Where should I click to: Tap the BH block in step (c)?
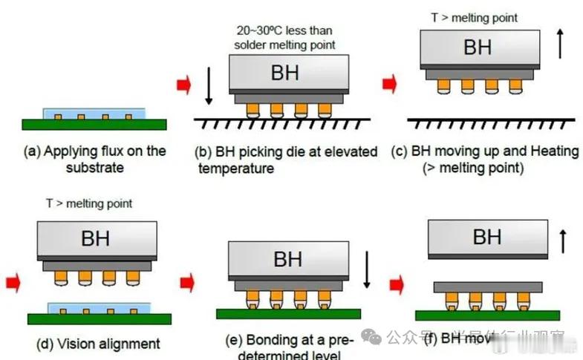478,48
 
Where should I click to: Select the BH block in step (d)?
96,239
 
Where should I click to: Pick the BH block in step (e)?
287,260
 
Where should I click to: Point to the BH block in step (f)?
487,238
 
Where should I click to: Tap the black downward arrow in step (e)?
367,270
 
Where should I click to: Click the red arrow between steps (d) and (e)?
187,281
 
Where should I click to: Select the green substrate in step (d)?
100,318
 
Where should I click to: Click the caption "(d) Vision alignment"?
98,344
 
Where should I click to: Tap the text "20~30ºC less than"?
284,30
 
